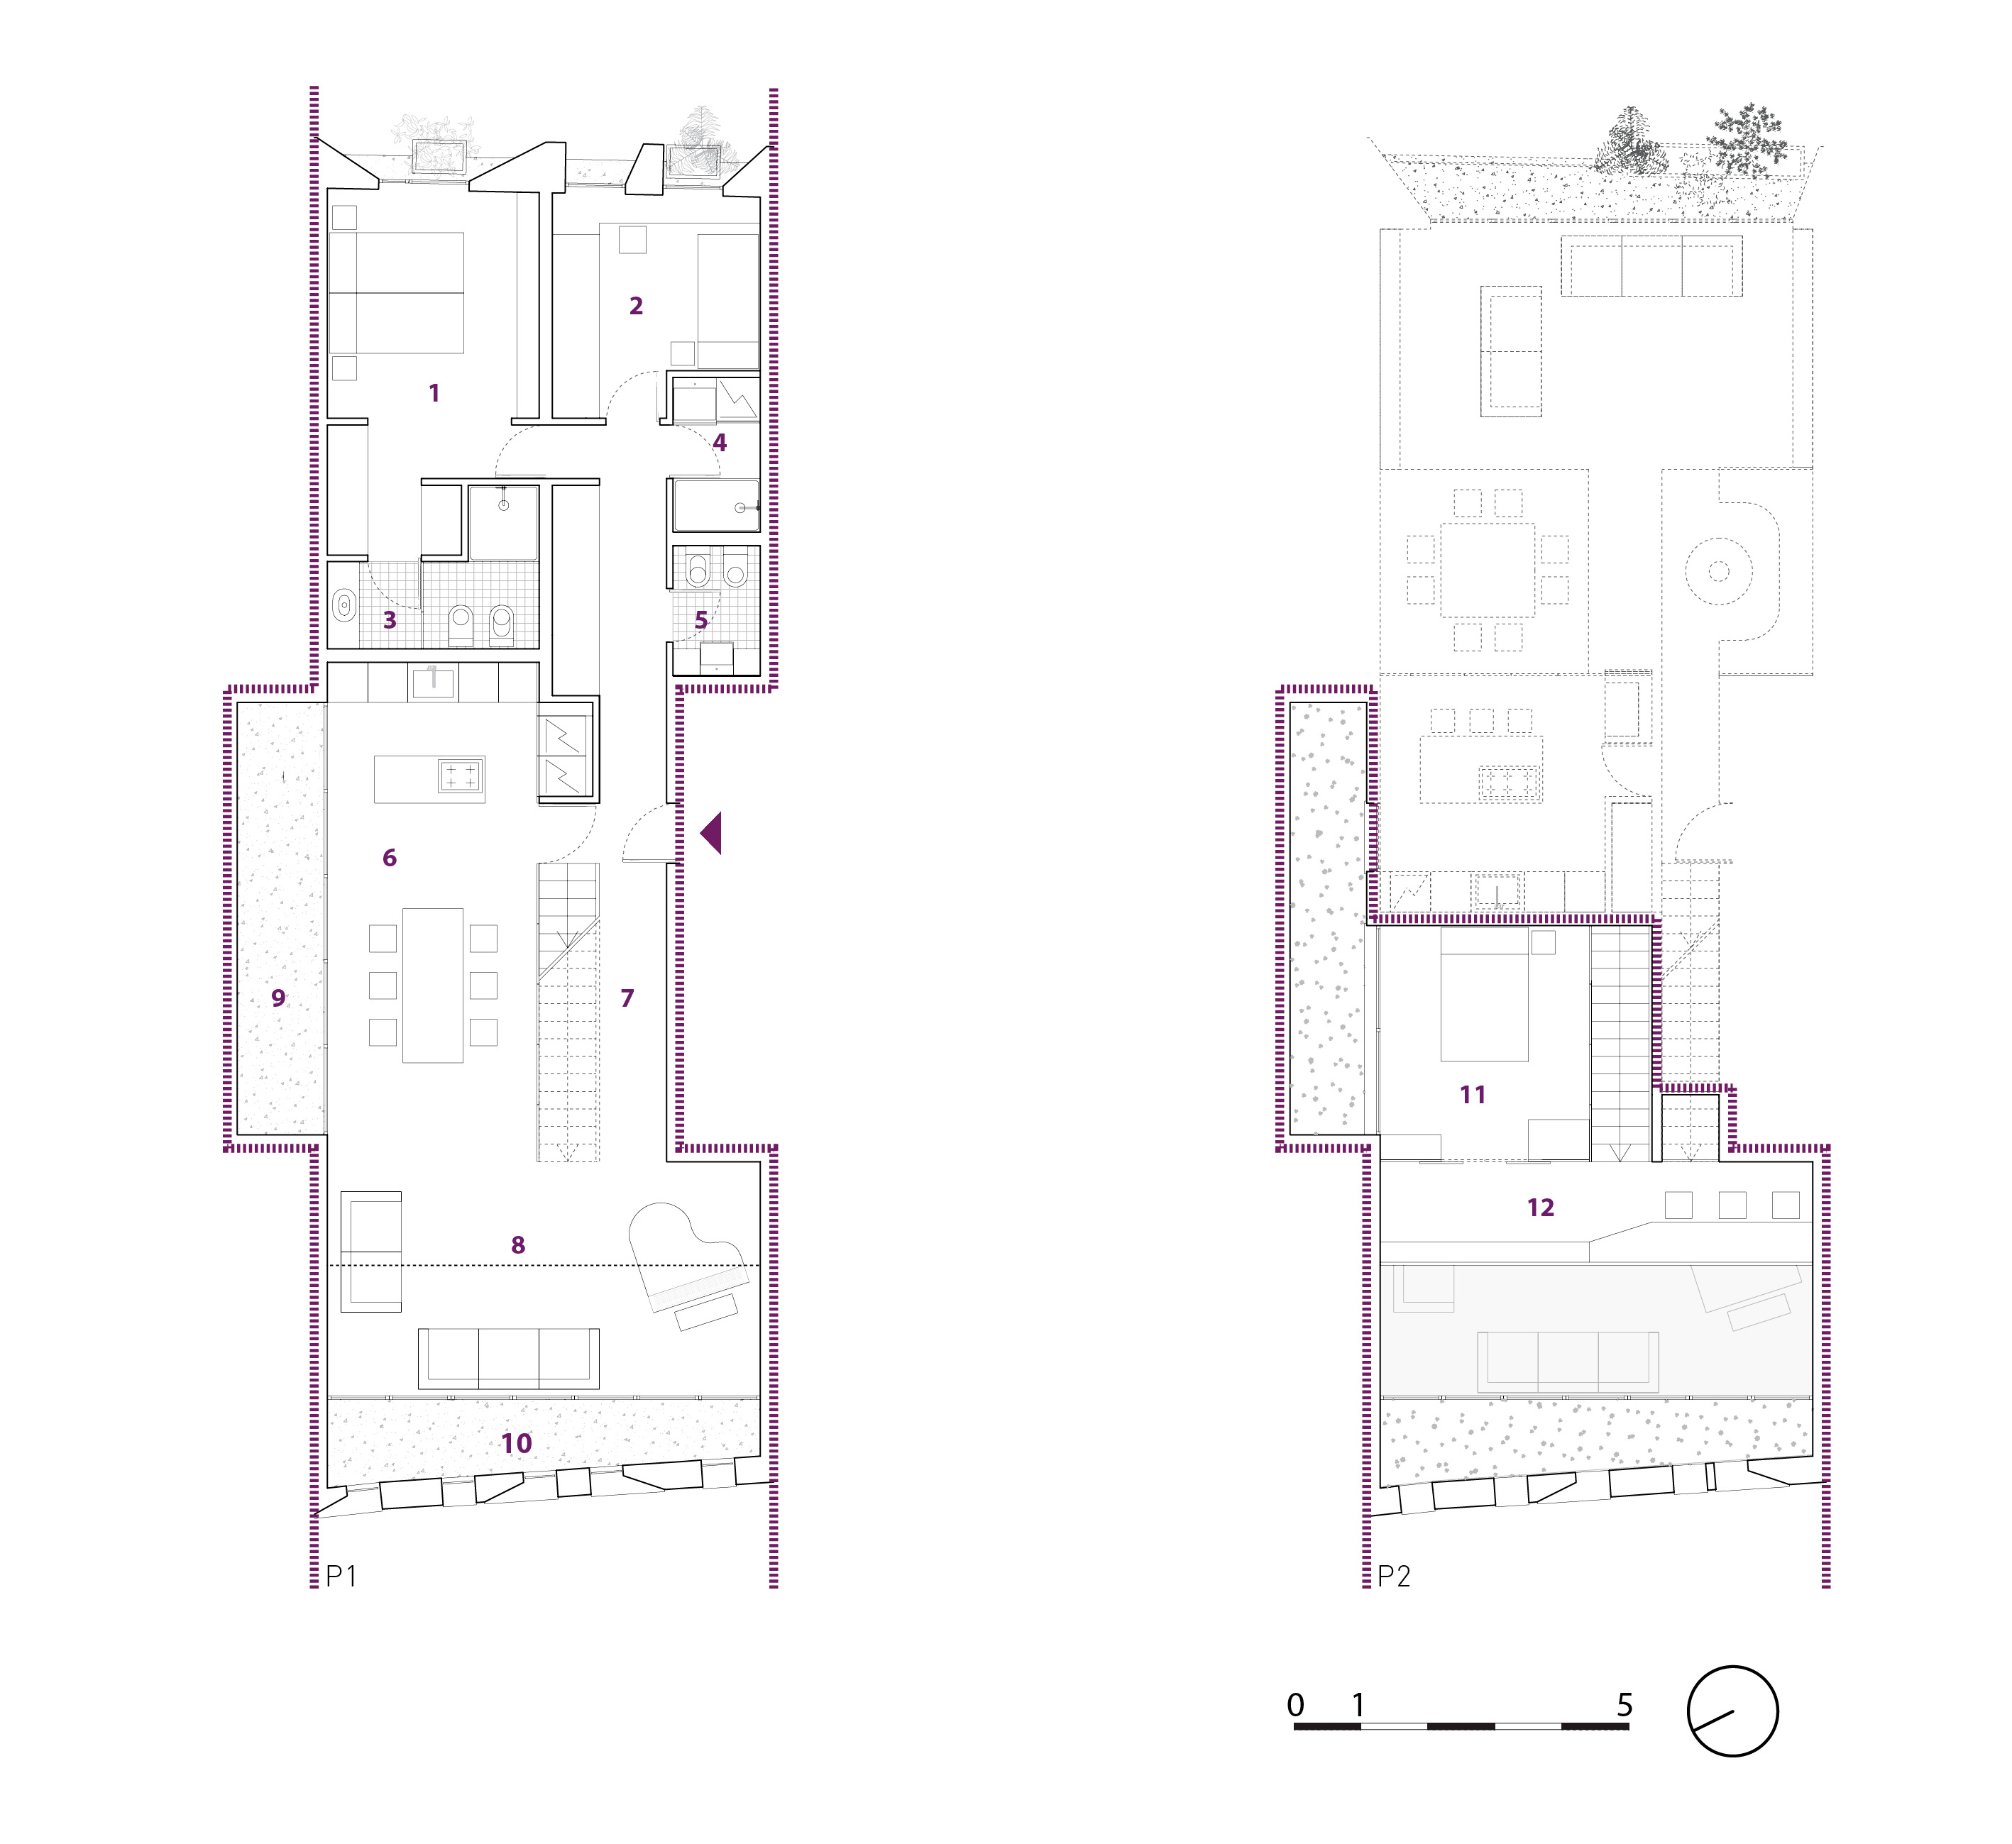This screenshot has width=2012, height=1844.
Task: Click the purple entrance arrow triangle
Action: tap(713, 833)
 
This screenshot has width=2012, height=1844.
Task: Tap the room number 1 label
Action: tap(434, 393)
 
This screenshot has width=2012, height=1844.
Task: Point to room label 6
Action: tap(389, 858)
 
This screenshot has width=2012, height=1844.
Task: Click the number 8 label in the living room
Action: tap(518, 1245)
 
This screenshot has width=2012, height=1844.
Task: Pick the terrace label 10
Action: tap(517, 1443)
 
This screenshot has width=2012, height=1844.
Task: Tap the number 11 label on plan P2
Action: tap(1473, 1095)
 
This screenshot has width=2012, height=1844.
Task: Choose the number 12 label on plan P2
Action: tap(1540, 1208)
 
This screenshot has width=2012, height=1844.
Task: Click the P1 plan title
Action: tap(341, 1576)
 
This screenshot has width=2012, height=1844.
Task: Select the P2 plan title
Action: tap(1395, 1576)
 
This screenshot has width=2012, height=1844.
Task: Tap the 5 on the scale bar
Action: tap(1625, 1706)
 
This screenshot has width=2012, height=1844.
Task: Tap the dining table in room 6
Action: tap(433, 985)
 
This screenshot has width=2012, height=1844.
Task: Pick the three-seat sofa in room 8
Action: tap(509, 1358)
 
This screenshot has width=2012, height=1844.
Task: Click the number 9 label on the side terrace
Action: tap(278, 998)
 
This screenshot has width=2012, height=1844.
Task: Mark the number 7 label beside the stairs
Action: tap(627, 998)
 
